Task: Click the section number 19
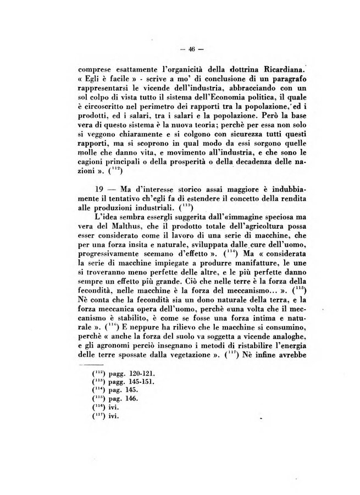[99, 188]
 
